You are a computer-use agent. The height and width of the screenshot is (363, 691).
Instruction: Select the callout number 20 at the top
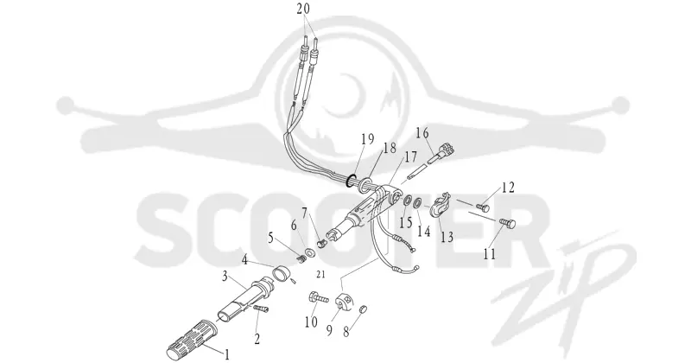coord(309,9)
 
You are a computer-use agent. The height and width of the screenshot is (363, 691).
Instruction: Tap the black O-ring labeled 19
coord(352,181)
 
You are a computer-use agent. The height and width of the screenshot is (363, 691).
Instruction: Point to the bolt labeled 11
coord(508,223)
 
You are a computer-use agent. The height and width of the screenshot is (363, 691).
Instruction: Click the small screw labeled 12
coord(483,206)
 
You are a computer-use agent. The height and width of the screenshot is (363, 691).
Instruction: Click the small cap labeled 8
coord(363,309)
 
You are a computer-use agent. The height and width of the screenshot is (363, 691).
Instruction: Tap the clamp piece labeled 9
coord(344,302)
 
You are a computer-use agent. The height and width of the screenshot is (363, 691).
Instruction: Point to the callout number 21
coord(320,274)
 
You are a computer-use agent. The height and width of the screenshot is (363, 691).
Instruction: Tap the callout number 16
coord(422,133)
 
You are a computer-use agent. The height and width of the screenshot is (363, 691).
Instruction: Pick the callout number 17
coord(410,156)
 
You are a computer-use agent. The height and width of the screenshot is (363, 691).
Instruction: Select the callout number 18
coord(390,148)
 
